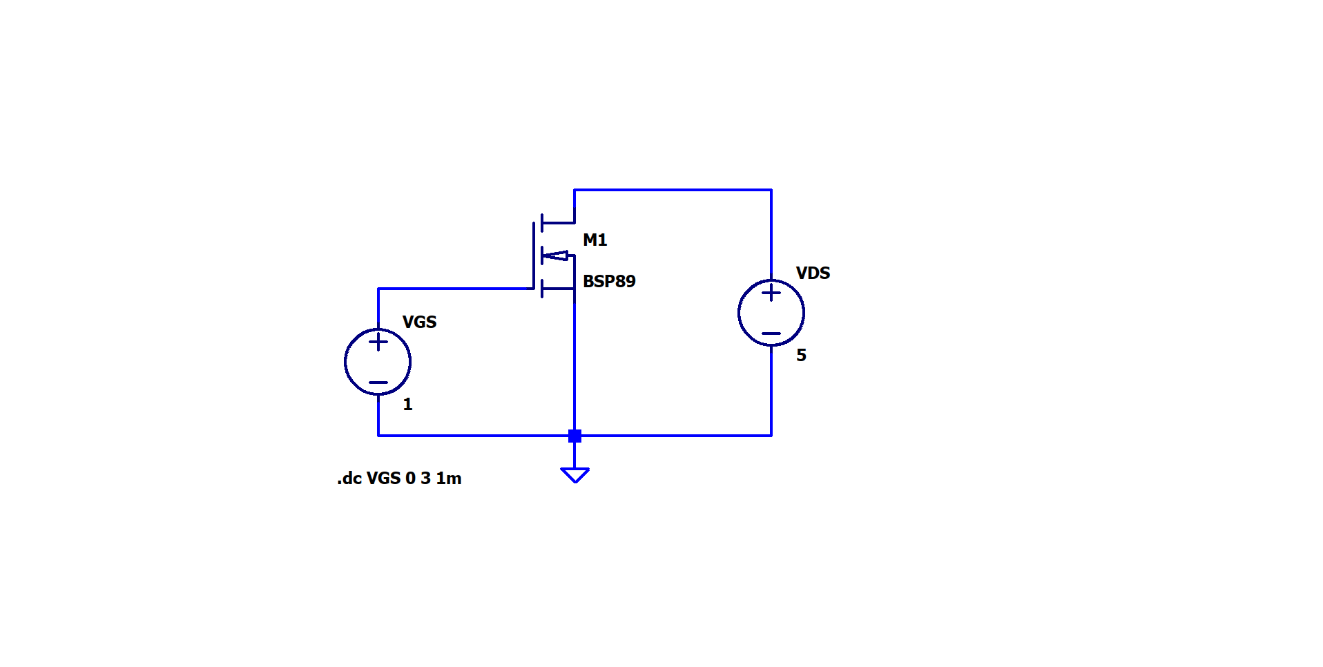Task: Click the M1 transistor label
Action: [595, 240]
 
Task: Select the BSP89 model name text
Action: [609, 282]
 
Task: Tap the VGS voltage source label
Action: [419, 322]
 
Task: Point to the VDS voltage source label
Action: [813, 273]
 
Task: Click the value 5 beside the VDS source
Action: [801, 356]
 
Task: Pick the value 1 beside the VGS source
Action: [407, 405]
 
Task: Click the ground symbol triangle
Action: [574, 475]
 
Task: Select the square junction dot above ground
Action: [574, 436]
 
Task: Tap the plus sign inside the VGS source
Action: [378, 342]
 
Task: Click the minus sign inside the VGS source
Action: [378, 383]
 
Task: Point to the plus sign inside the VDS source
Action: [771, 293]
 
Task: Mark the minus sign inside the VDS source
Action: [771, 333]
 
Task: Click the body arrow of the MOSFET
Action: [556, 256]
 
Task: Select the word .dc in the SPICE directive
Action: [349, 478]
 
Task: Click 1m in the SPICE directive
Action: [449, 478]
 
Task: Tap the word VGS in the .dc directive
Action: [383, 478]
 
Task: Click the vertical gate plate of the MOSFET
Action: [534, 255]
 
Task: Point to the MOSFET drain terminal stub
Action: [558, 223]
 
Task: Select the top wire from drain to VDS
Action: [673, 190]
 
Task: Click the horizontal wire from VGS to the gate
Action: [456, 289]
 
